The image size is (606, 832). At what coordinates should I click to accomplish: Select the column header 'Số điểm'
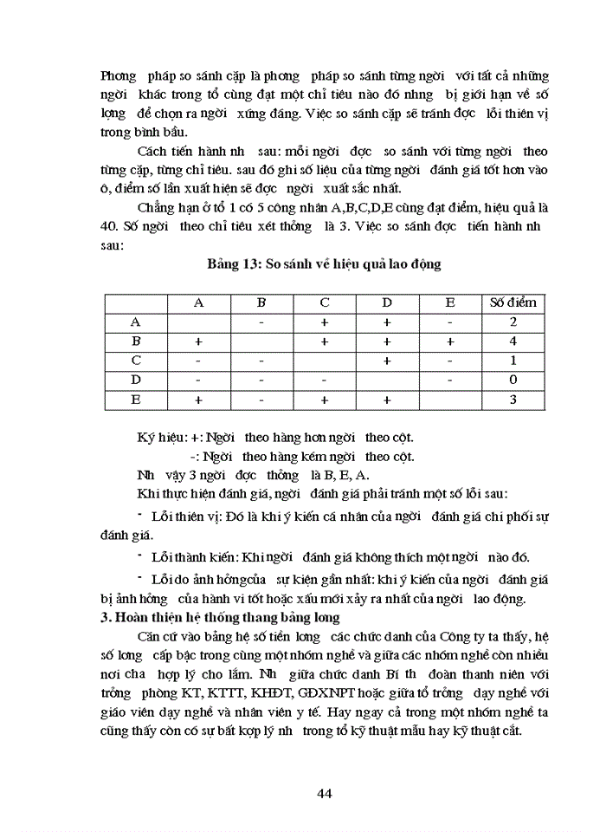513,302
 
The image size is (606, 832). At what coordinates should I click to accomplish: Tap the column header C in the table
325,302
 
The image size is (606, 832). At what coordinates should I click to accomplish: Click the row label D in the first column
136,380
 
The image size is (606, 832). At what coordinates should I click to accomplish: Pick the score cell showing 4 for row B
513,341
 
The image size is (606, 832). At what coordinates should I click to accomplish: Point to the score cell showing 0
513,380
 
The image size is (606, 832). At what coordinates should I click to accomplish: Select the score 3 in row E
513,400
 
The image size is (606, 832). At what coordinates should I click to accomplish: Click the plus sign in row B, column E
450,341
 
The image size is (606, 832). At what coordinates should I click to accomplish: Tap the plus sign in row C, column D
387,361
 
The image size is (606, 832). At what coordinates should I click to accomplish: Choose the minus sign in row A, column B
261,322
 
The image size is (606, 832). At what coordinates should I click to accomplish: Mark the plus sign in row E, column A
198,400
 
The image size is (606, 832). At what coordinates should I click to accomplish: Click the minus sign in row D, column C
325,380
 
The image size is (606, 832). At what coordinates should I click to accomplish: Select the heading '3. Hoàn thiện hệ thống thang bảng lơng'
220,617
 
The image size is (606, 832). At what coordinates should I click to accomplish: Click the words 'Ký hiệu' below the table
160,438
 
